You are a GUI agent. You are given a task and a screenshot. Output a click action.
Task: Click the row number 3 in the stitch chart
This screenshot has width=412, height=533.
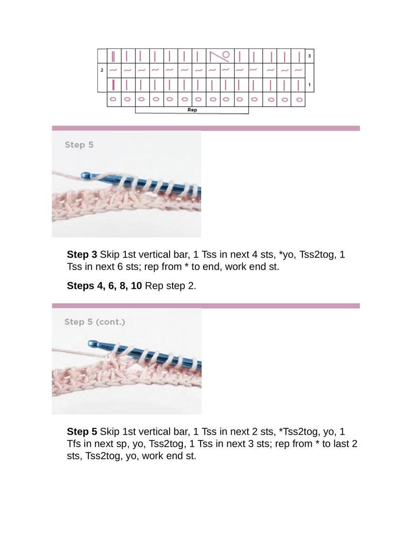(309, 56)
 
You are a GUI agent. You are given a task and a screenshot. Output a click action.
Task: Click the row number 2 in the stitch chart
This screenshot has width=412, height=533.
(102, 70)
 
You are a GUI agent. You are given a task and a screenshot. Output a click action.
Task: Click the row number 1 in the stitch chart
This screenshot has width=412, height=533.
(309, 85)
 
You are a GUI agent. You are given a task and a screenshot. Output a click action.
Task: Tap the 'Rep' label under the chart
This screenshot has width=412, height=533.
(192, 110)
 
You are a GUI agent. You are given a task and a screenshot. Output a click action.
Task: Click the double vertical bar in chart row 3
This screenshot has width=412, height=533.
(113, 56)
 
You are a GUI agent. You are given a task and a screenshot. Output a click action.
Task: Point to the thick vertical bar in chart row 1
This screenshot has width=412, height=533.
(113, 85)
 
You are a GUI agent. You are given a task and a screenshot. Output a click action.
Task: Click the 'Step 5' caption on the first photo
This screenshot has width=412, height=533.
(79, 145)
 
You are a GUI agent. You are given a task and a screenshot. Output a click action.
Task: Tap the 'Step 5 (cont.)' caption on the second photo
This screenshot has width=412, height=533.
(95, 322)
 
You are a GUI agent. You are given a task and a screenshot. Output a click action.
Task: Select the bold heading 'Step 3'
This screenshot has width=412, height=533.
(82, 254)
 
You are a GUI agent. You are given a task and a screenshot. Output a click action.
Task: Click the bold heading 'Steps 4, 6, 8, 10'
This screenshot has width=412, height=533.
(104, 286)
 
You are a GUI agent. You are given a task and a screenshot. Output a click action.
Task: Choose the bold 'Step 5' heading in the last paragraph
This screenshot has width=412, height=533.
(82, 431)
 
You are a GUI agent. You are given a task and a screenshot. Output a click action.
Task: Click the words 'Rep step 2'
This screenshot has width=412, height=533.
(171, 286)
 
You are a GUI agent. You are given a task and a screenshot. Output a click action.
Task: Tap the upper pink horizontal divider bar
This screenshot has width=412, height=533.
(206, 128)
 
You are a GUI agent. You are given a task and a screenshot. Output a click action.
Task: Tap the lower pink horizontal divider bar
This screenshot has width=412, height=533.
(206, 306)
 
